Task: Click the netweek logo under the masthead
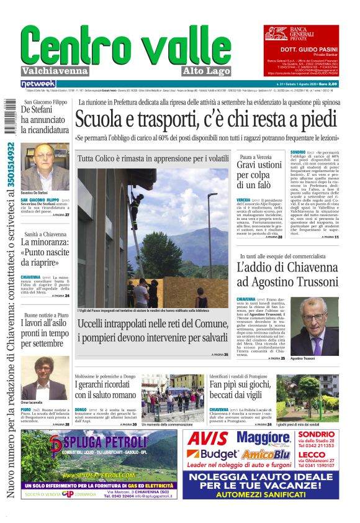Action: click(x=38, y=83)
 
